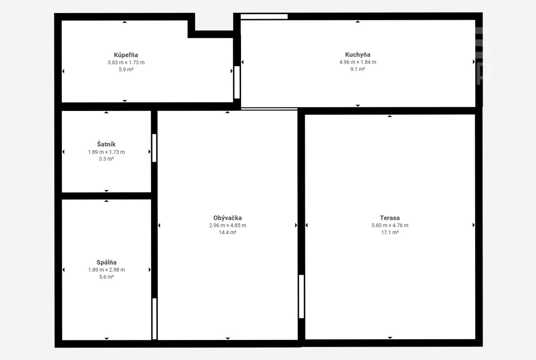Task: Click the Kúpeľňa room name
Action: click(126, 55)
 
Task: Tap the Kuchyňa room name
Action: click(358, 55)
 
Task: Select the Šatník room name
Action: click(106, 144)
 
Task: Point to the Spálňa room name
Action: click(107, 262)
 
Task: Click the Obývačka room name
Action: click(228, 218)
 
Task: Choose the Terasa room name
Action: click(390, 218)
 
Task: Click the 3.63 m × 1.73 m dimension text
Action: click(126, 63)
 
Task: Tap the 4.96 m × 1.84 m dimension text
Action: click(358, 62)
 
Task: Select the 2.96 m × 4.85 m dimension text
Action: click(228, 225)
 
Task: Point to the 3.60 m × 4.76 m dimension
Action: click(390, 225)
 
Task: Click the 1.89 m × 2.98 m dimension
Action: click(107, 270)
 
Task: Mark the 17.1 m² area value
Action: click(390, 232)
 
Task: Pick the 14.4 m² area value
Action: click(228, 232)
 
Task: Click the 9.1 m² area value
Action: click(358, 69)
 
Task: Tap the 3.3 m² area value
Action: click(106, 159)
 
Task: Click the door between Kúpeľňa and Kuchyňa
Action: click(237, 82)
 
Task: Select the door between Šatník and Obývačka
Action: click(154, 148)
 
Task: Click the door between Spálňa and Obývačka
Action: click(154, 319)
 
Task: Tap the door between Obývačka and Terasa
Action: click(301, 296)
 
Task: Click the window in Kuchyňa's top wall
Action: click(264, 17)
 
